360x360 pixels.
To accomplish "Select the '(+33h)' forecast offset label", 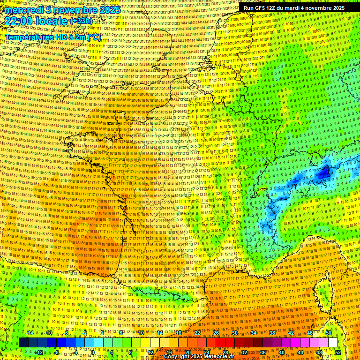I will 82,21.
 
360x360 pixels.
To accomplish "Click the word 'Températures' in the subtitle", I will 28,37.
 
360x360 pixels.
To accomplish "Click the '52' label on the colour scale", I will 338,352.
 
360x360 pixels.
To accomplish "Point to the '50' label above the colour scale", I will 329,333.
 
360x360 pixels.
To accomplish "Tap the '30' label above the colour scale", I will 235,333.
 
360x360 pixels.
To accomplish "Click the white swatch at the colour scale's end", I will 333,343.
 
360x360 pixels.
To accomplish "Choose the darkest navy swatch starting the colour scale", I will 24,343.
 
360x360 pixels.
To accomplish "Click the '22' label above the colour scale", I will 197,333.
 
